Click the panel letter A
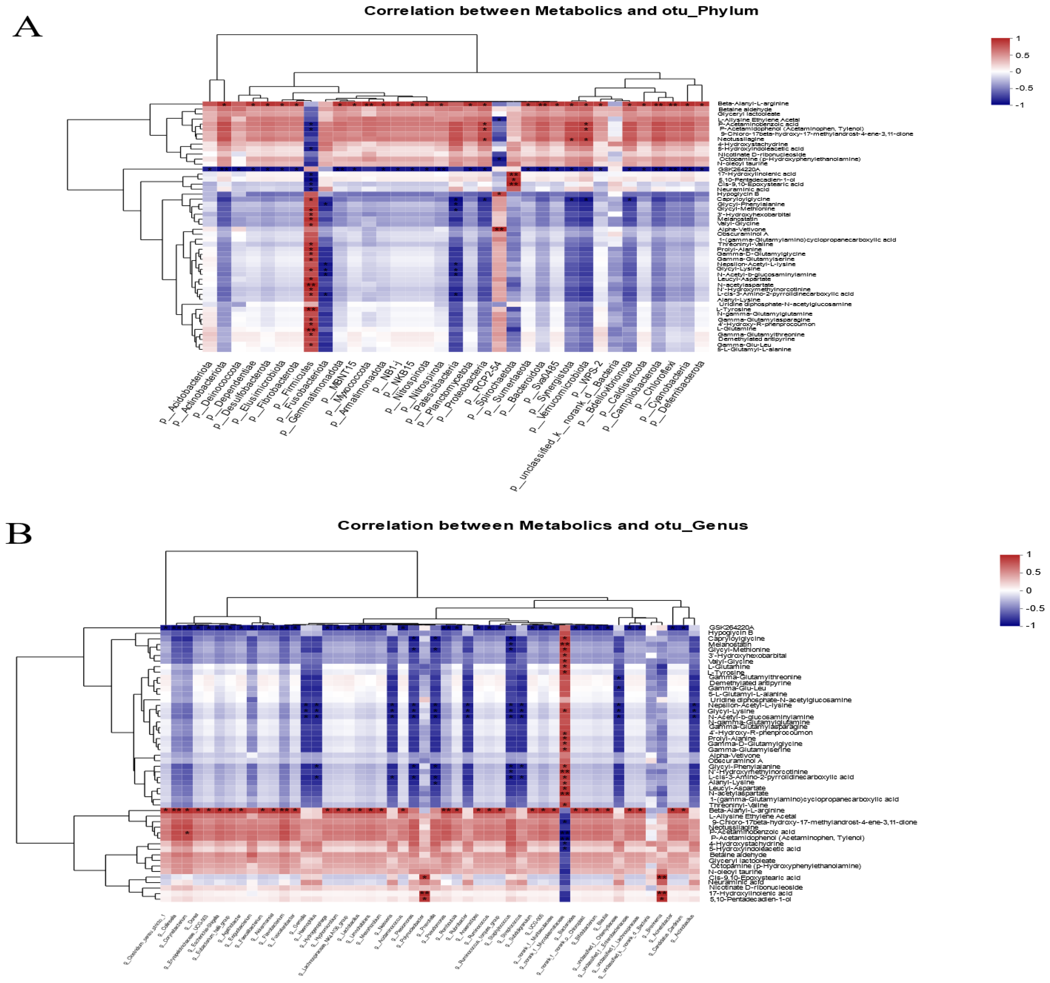point(27,26)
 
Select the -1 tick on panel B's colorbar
point(1029,625)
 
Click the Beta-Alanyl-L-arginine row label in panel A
point(753,104)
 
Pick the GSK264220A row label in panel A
point(738,169)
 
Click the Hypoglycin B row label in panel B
point(731,633)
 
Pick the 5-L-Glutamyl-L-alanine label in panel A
point(754,349)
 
